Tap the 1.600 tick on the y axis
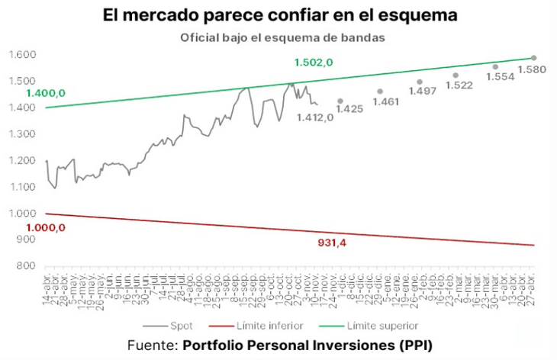tap(23, 55)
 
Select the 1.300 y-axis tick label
tap(23, 134)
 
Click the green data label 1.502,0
tap(313, 63)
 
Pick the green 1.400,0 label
tap(45, 93)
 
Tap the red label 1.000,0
tap(45, 227)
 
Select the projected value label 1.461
tap(386, 102)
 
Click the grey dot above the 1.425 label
tap(340, 101)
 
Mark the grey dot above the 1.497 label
tap(420, 82)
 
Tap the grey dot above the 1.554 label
tap(495, 66)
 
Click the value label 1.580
tap(532, 71)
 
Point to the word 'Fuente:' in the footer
tap(152, 346)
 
